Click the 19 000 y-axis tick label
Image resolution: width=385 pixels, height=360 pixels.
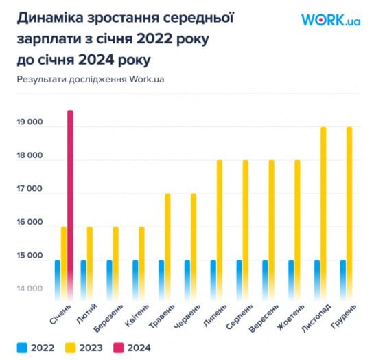[30, 123]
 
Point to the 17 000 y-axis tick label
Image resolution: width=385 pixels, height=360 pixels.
[30, 190]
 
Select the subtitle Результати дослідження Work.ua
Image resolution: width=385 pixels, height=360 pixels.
[91, 79]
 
